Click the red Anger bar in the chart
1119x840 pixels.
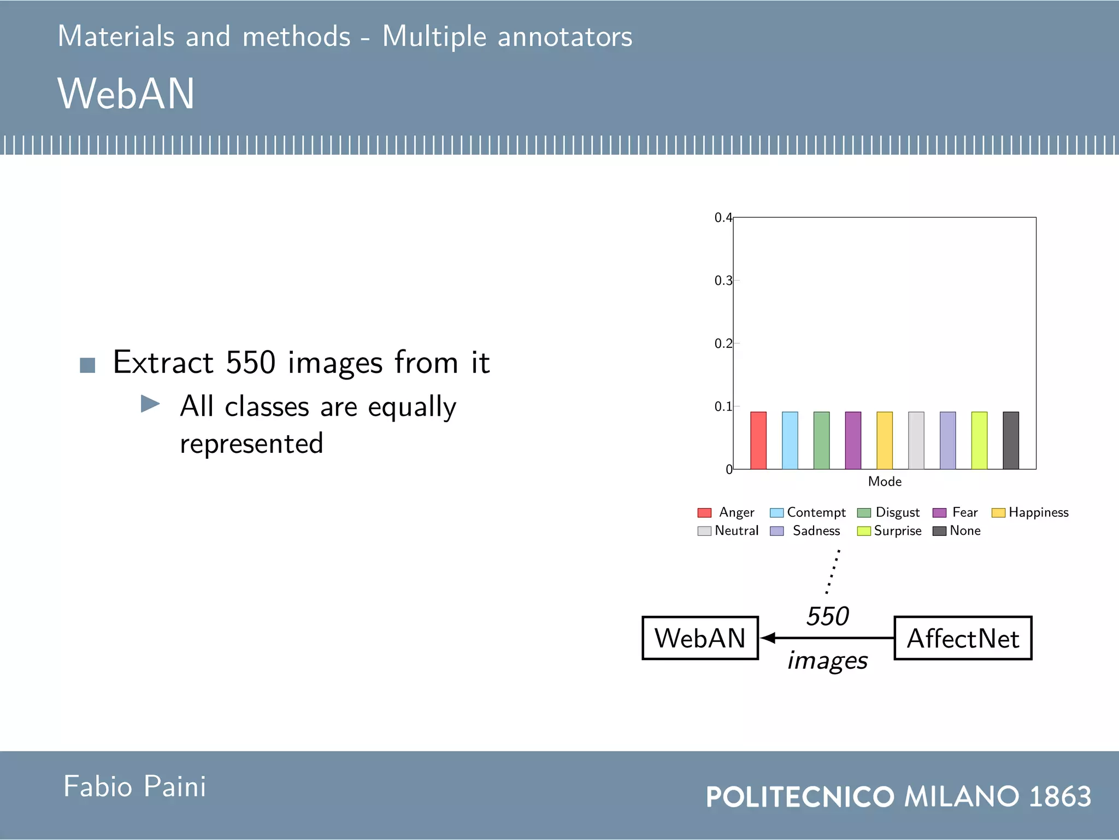point(758,440)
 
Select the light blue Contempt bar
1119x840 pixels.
point(790,440)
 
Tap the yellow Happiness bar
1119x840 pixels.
point(885,440)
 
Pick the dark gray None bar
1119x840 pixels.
point(1011,440)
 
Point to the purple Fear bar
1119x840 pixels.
point(853,440)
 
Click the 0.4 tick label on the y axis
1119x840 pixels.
point(723,218)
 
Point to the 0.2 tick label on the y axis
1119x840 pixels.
point(723,343)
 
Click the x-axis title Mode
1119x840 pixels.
point(885,481)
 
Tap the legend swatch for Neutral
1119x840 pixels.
point(704,531)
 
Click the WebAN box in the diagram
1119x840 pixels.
point(700,638)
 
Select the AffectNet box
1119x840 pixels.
point(963,638)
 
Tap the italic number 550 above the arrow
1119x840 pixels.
point(827,616)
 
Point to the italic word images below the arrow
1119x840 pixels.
point(827,661)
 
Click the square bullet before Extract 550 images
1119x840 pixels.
point(87,365)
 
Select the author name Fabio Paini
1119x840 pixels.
point(134,786)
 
